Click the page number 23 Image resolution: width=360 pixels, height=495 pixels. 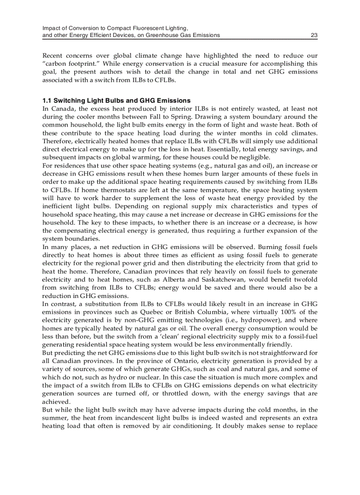pos(314,35)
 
